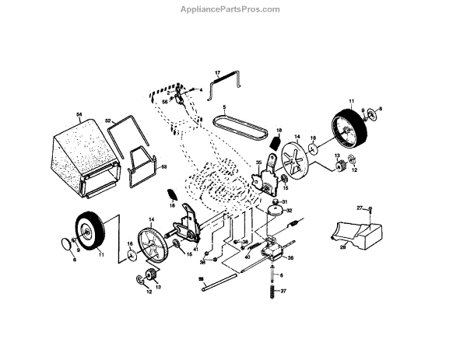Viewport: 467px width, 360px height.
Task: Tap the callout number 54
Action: point(79,115)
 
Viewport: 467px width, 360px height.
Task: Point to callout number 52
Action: point(110,120)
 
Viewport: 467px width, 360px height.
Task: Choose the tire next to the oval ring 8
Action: point(91,231)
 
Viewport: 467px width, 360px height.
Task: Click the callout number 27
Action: point(360,208)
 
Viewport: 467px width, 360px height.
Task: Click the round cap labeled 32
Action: point(274,209)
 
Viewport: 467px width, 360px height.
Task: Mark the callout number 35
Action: point(258,163)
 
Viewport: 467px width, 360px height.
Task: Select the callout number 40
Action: point(247,257)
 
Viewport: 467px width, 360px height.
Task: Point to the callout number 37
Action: point(284,292)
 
